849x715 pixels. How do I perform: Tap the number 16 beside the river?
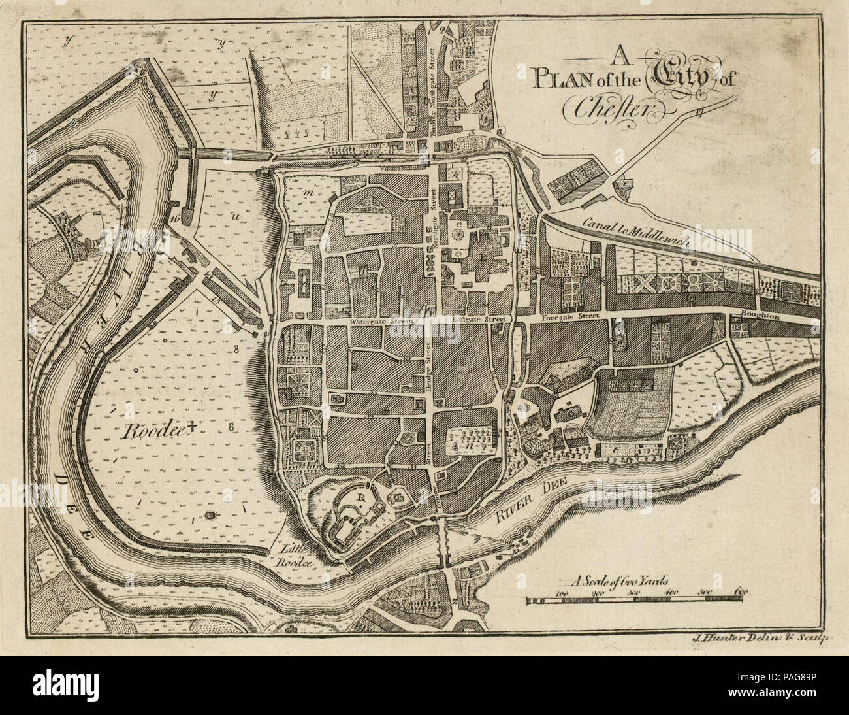pos(173,218)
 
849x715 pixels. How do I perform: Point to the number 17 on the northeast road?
pos(700,112)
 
